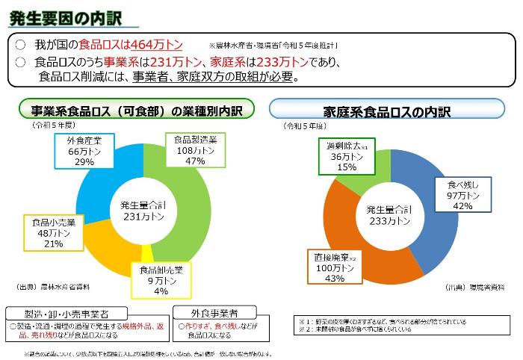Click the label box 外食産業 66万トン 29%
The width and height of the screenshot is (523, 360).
[84, 151]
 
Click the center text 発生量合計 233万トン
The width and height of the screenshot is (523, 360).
[389, 216]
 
